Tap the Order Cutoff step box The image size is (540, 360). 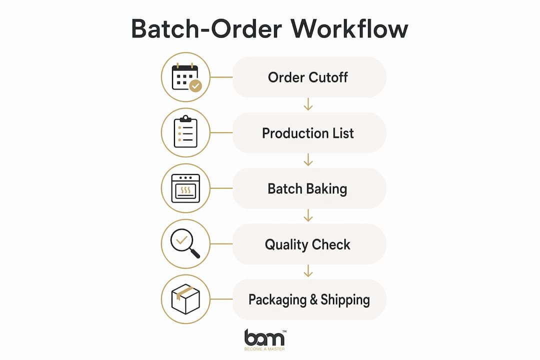click(309, 77)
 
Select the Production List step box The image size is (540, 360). click(309, 133)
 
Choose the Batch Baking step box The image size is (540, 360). click(309, 188)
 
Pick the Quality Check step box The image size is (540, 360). click(309, 244)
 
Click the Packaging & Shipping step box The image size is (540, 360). click(309, 299)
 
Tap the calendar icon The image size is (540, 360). click(186, 77)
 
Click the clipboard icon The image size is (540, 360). click(185, 131)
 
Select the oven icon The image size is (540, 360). click(185, 188)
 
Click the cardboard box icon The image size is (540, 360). click(185, 299)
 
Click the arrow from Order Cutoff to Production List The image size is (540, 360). click(308, 104)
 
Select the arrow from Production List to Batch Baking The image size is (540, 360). click(308, 160)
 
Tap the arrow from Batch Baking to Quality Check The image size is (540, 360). click(308, 215)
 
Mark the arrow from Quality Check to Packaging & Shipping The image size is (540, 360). click(308, 271)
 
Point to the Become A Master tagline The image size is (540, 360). click(264, 349)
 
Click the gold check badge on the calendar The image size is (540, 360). click(195, 86)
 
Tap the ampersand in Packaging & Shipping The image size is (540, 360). click(313, 299)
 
